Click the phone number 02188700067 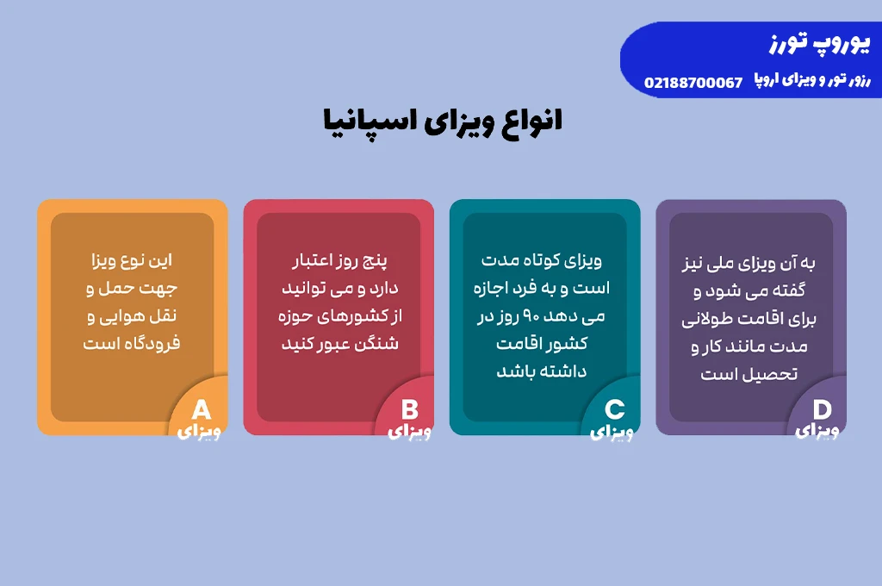(693, 83)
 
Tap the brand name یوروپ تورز (820, 43)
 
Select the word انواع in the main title (531, 121)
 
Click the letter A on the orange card (201, 410)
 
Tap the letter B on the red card (409, 410)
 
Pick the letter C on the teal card (614, 410)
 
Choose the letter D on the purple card (822, 410)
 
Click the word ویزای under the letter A (199, 432)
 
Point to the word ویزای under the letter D (817, 431)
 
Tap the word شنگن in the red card (378, 343)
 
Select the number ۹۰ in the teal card (531, 315)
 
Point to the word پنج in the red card (374, 260)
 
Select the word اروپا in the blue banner (767, 79)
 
